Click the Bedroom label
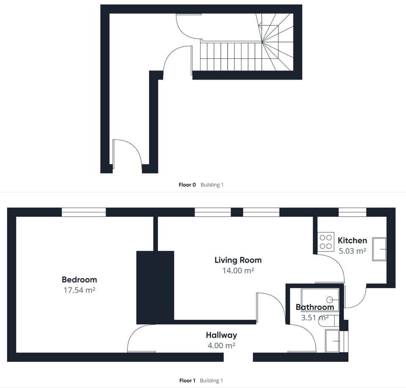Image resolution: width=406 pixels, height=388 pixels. pyautogui.click(x=79, y=280)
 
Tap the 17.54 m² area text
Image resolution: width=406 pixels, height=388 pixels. pyautogui.click(x=79, y=290)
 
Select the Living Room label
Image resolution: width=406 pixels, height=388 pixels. pyautogui.click(x=238, y=260)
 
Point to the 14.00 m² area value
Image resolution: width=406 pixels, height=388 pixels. pyautogui.click(x=238, y=271)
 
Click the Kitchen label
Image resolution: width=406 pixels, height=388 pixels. pyautogui.click(x=352, y=240)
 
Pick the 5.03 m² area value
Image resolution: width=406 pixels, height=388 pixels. pyautogui.click(x=352, y=251)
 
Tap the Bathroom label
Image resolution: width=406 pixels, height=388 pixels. pyautogui.click(x=315, y=307)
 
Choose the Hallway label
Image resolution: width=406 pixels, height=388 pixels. pyautogui.click(x=221, y=335)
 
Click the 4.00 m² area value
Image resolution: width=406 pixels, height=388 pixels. pyautogui.click(x=221, y=346)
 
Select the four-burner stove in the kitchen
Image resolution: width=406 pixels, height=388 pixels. pyautogui.click(x=326, y=242)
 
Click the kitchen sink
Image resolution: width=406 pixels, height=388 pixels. pyautogui.click(x=379, y=249)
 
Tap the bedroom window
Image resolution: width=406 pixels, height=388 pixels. pyautogui.click(x=84, y=212)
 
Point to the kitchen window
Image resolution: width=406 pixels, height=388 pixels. pyautogui.click(x=352, y=212)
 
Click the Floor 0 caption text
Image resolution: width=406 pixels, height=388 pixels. pyautogui.click(x=187, y=185)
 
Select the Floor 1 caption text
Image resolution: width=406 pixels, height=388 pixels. pyautogui.click(x=187, y=381)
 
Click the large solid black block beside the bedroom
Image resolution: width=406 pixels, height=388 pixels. pyautogui.click(x=155, y=287)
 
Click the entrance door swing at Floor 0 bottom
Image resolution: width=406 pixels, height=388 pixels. pyautogui.click(x=129, y=152)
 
